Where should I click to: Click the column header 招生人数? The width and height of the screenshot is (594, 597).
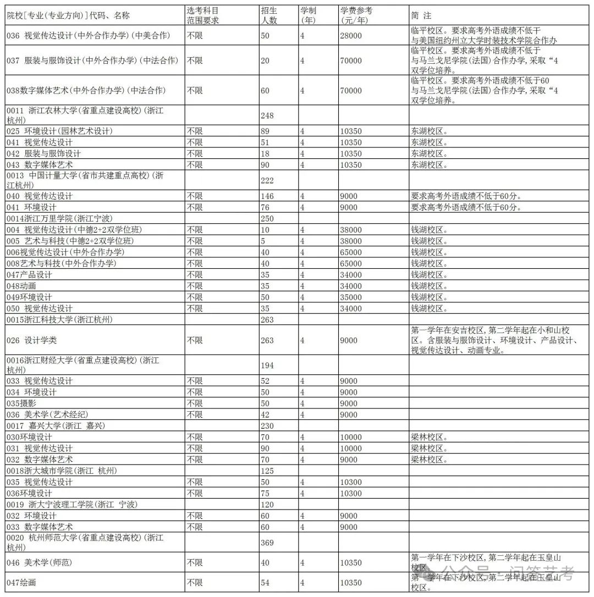pos(269,15)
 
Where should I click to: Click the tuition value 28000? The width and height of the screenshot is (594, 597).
pos(351,36)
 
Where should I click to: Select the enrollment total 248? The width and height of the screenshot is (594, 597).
pos(267,116)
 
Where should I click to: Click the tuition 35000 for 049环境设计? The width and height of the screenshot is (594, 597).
pos(351,297)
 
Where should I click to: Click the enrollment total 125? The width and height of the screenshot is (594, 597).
pos(267,471)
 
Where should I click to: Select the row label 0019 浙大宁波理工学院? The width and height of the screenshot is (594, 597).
pos(72,505)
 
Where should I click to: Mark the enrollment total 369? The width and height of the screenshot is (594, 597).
pos(267,543)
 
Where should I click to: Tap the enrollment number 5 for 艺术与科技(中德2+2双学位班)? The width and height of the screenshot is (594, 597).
pos(262,241)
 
